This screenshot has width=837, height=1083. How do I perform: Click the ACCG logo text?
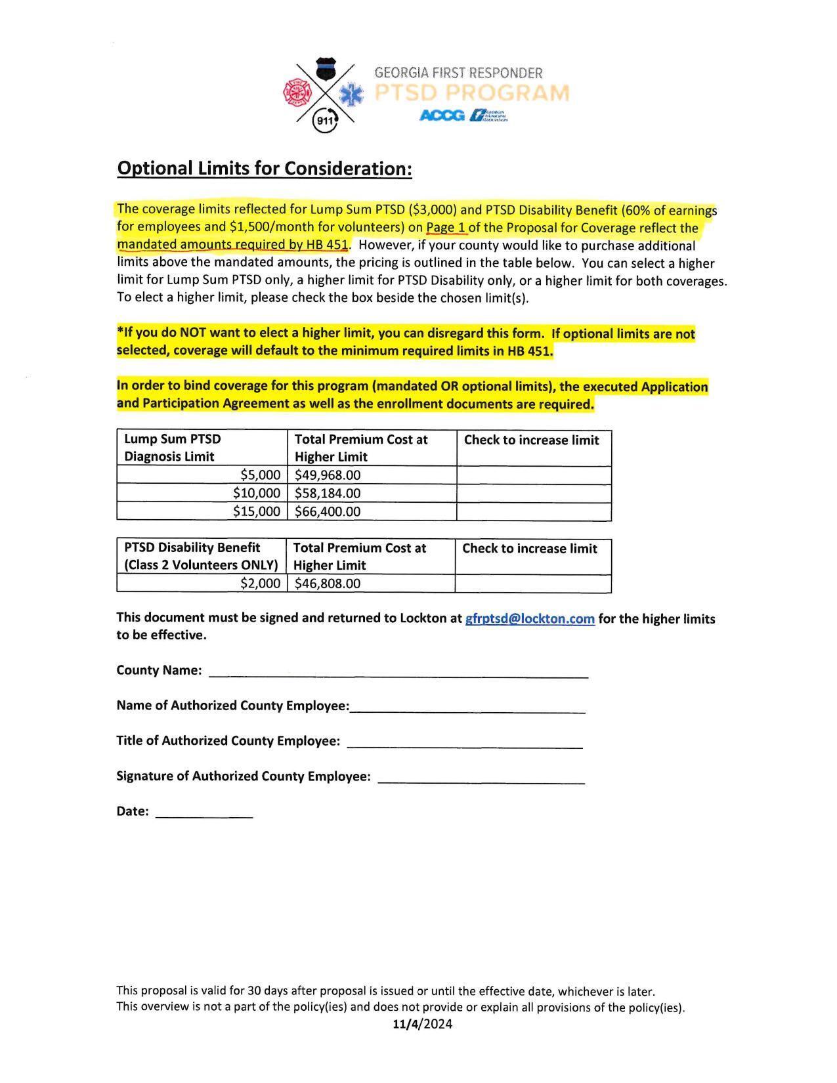tap(442, 116)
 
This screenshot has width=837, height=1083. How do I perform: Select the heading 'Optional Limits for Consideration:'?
tap(265, 169)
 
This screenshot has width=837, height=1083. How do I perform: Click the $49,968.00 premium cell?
tap(372, 475)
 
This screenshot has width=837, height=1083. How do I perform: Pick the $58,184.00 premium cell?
tap(372, 493)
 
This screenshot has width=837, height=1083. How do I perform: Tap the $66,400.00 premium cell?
tap(372, 511)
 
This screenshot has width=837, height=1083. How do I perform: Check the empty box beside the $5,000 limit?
tap(534, 475)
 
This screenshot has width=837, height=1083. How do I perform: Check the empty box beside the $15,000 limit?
tap(534, 511)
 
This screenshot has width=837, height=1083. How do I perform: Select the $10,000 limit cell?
tap(202, 493)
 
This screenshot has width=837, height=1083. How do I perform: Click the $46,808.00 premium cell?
tap(371, 584)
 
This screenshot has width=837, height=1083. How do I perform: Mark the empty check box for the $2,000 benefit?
tap(533, 584)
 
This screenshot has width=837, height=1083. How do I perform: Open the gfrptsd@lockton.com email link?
tap(530, 618)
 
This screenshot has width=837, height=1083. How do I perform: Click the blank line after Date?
tap(204, 813)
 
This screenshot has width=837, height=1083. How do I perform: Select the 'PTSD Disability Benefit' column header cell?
tap(202, 556)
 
